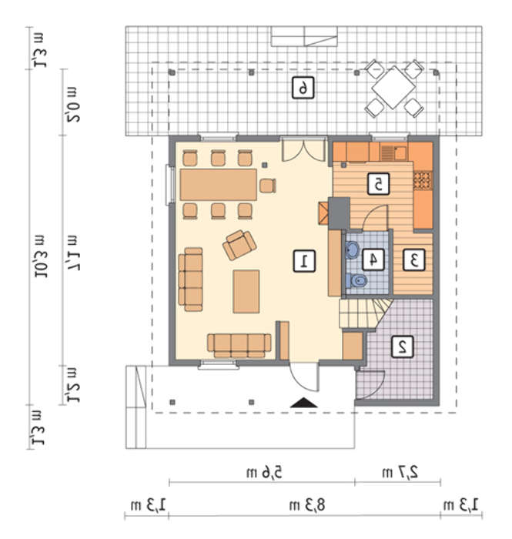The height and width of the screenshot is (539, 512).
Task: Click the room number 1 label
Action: pyautogui.click(x=304, y=262)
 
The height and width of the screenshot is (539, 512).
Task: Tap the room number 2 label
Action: pyautogui.click(x=403, y=347)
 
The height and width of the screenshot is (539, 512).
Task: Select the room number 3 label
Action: pyautogui.click(x=413, y=259)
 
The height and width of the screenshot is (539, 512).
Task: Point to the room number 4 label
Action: pyautogui.click(x=373, y=259)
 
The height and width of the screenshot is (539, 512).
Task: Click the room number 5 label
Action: pyautogui.click(x=378, y=184)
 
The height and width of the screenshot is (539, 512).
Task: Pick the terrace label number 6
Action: pyautogui.click(x=303, y=88)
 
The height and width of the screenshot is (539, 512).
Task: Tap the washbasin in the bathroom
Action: pyautogui.click(x=353, y=249)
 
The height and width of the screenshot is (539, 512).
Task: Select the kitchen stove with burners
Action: pyautogui.click(x=423, y=181)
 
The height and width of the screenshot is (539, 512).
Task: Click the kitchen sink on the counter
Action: pyautogui.click(x=393, y=153)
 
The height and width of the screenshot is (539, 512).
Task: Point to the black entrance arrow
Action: pyautogui.click(x=303, y=403)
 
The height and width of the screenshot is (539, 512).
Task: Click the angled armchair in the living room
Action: pyautogui.click(x=239, y=245)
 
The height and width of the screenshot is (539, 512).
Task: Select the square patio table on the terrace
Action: pyautogui.click(x=393, y=87)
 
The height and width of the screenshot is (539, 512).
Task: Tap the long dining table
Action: pyautogui.click(x=218, y=185)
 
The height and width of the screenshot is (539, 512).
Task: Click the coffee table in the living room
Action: pyautogui.click(x=246, y=292)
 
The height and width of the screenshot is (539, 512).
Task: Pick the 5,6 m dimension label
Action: pyautogui.click(x=264, y=472)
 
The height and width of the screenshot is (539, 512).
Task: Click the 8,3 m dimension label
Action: pyautogui.click(x=307, y=505)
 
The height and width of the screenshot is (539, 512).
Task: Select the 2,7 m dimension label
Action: pyautogui.click(x=400, y=472)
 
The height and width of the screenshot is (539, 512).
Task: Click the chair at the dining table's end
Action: pyautogui.click(x=268, y=186)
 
